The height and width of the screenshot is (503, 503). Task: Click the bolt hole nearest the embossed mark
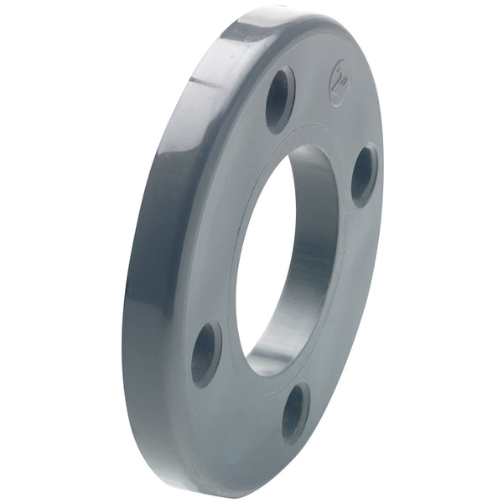(280, 99)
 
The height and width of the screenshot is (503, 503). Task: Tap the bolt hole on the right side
(363, 174)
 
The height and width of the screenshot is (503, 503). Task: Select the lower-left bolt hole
(205, 353)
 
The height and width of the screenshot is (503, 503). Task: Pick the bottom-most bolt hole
(294, 412)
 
